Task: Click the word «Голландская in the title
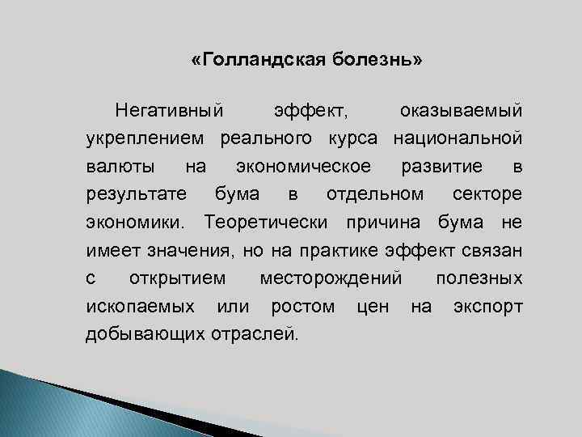click(258, 62)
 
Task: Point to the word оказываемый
click(461, 109)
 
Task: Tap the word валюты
click(121, 166)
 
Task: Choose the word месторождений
click(331, 279)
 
